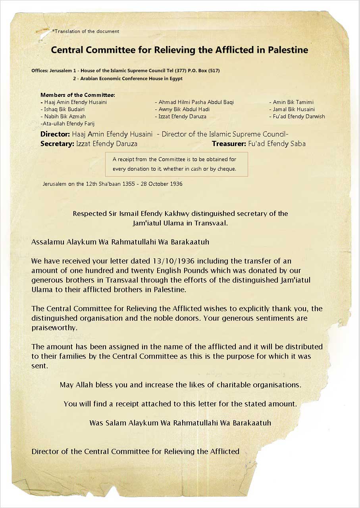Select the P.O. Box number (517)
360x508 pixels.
click(214, 71)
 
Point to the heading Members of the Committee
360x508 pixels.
click(78, 95)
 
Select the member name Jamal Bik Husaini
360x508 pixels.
click(294, 109)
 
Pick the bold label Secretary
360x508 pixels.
click(57, 144)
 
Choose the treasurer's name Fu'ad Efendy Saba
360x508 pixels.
click(277, 144)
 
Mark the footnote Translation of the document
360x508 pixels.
click(86, 31)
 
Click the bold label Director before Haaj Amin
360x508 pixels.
click(55, 134)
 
